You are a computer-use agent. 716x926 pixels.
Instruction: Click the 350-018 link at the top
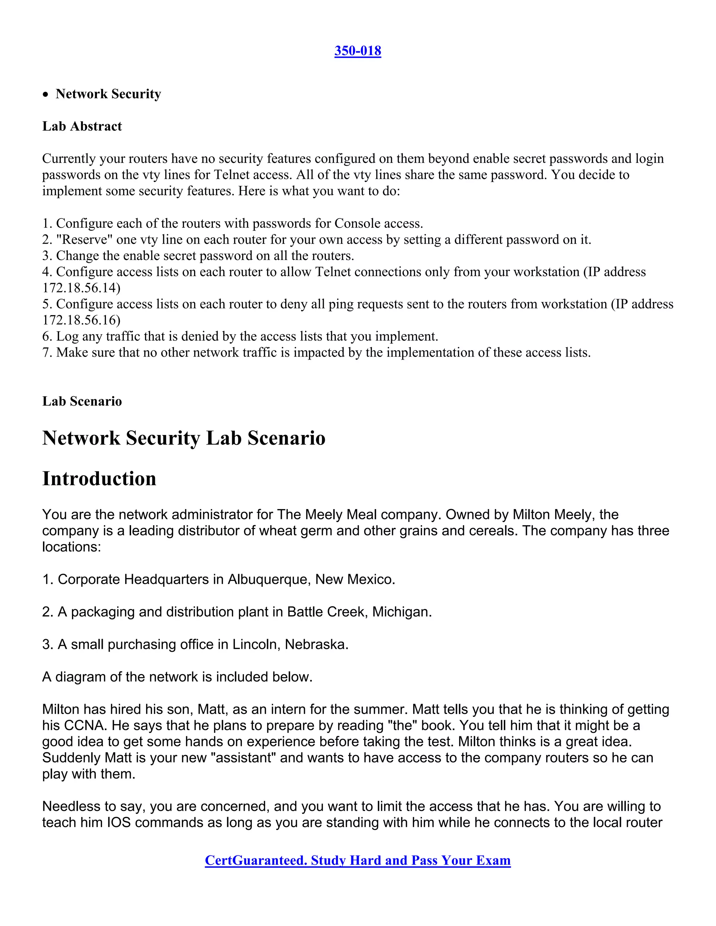click(358, 51)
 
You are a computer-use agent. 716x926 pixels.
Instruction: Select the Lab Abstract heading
click(82, 126)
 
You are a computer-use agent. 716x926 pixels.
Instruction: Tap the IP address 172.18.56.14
click(81, 288)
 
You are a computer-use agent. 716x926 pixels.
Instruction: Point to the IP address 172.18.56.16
click(81, 320)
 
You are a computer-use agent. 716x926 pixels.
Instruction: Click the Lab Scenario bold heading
click(82, 401)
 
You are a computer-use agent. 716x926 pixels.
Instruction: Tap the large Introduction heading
click(99, 479)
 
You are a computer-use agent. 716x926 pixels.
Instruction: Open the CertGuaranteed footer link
click(358, 860)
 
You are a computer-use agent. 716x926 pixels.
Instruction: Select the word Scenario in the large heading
click(286, 438)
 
